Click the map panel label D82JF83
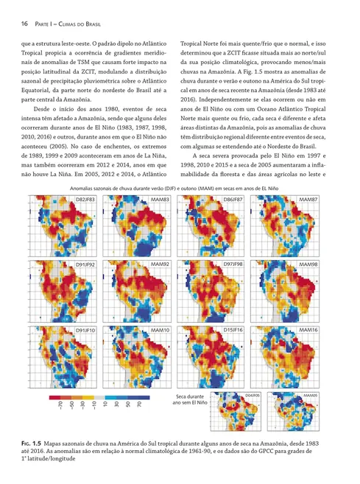point(85,200)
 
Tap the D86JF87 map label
point(235,200)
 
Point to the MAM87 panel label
point(308,200)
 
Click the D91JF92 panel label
point(85,264)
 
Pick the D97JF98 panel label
point(235,264)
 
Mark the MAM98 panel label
point(308,264)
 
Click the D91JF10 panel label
point(85,331)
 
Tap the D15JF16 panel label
point(235,331)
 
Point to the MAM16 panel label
point(308,331)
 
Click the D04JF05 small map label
point(254,396)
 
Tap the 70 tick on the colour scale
point(139,406)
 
